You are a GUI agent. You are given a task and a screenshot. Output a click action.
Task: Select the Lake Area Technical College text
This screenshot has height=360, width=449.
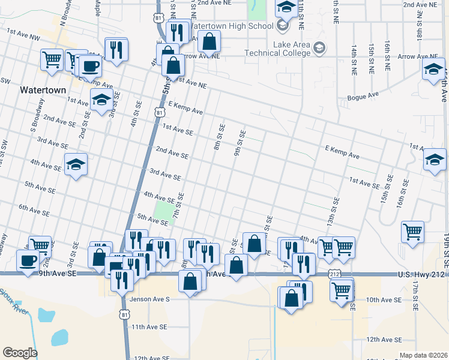click(277, 49)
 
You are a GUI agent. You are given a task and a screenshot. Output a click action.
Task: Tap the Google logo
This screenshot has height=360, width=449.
click(20, 353)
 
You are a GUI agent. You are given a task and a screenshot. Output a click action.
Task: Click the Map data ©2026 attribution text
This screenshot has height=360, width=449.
click(423, 355)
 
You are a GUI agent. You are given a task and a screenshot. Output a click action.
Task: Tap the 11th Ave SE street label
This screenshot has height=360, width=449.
click(149, 327)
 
